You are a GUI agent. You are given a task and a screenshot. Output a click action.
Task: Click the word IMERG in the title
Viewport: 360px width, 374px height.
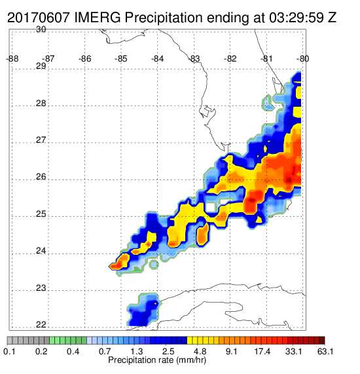(98, 18)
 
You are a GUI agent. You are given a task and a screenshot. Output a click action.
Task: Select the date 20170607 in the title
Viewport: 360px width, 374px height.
(39, 18)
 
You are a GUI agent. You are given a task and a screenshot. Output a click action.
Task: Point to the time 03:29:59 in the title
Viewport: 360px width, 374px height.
(297, 18)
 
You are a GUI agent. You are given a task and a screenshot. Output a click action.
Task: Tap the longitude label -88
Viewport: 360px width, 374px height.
(12, 58)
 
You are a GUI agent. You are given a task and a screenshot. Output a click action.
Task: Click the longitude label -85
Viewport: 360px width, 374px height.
(121, 58)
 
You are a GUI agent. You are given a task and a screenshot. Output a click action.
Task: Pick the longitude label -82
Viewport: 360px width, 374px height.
(230, 58)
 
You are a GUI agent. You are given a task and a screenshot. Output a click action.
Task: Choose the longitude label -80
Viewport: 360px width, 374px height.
(303, 58)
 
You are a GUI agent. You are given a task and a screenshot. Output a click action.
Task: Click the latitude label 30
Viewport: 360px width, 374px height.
(41, 29)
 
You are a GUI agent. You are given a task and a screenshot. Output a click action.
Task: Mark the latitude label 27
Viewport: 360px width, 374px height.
(41, 140)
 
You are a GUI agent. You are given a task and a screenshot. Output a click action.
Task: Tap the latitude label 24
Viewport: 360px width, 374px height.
(41, 251)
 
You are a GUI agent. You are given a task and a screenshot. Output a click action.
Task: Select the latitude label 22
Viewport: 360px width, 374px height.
(41, 325)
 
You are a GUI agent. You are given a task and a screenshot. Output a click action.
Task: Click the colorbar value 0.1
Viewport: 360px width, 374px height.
(10, 351)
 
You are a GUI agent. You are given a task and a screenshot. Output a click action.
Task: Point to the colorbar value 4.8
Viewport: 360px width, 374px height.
(200, 351)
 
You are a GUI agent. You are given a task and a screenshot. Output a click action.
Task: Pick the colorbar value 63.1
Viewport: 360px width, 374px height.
(325, 351)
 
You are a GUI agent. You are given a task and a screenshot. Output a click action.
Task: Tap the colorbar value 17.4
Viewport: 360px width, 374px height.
(262, 351)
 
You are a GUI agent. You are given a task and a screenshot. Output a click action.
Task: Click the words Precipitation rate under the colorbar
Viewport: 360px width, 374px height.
(141, 360)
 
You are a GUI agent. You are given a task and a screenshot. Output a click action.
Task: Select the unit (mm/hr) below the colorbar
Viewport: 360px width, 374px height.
(191, 360)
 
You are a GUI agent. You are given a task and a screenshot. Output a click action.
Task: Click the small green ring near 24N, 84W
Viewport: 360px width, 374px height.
(154, 264)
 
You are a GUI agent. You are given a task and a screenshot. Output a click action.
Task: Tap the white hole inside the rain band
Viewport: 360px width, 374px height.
(211, 207)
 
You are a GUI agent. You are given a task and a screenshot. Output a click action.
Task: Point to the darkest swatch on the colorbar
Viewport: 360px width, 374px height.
(322, 341)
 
